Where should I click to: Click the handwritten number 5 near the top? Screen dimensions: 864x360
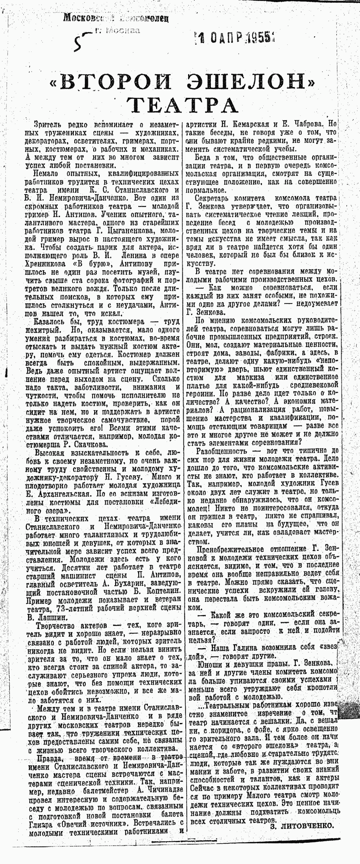[x=79, y=42]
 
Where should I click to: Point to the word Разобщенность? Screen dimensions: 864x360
[x=222, y=451]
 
